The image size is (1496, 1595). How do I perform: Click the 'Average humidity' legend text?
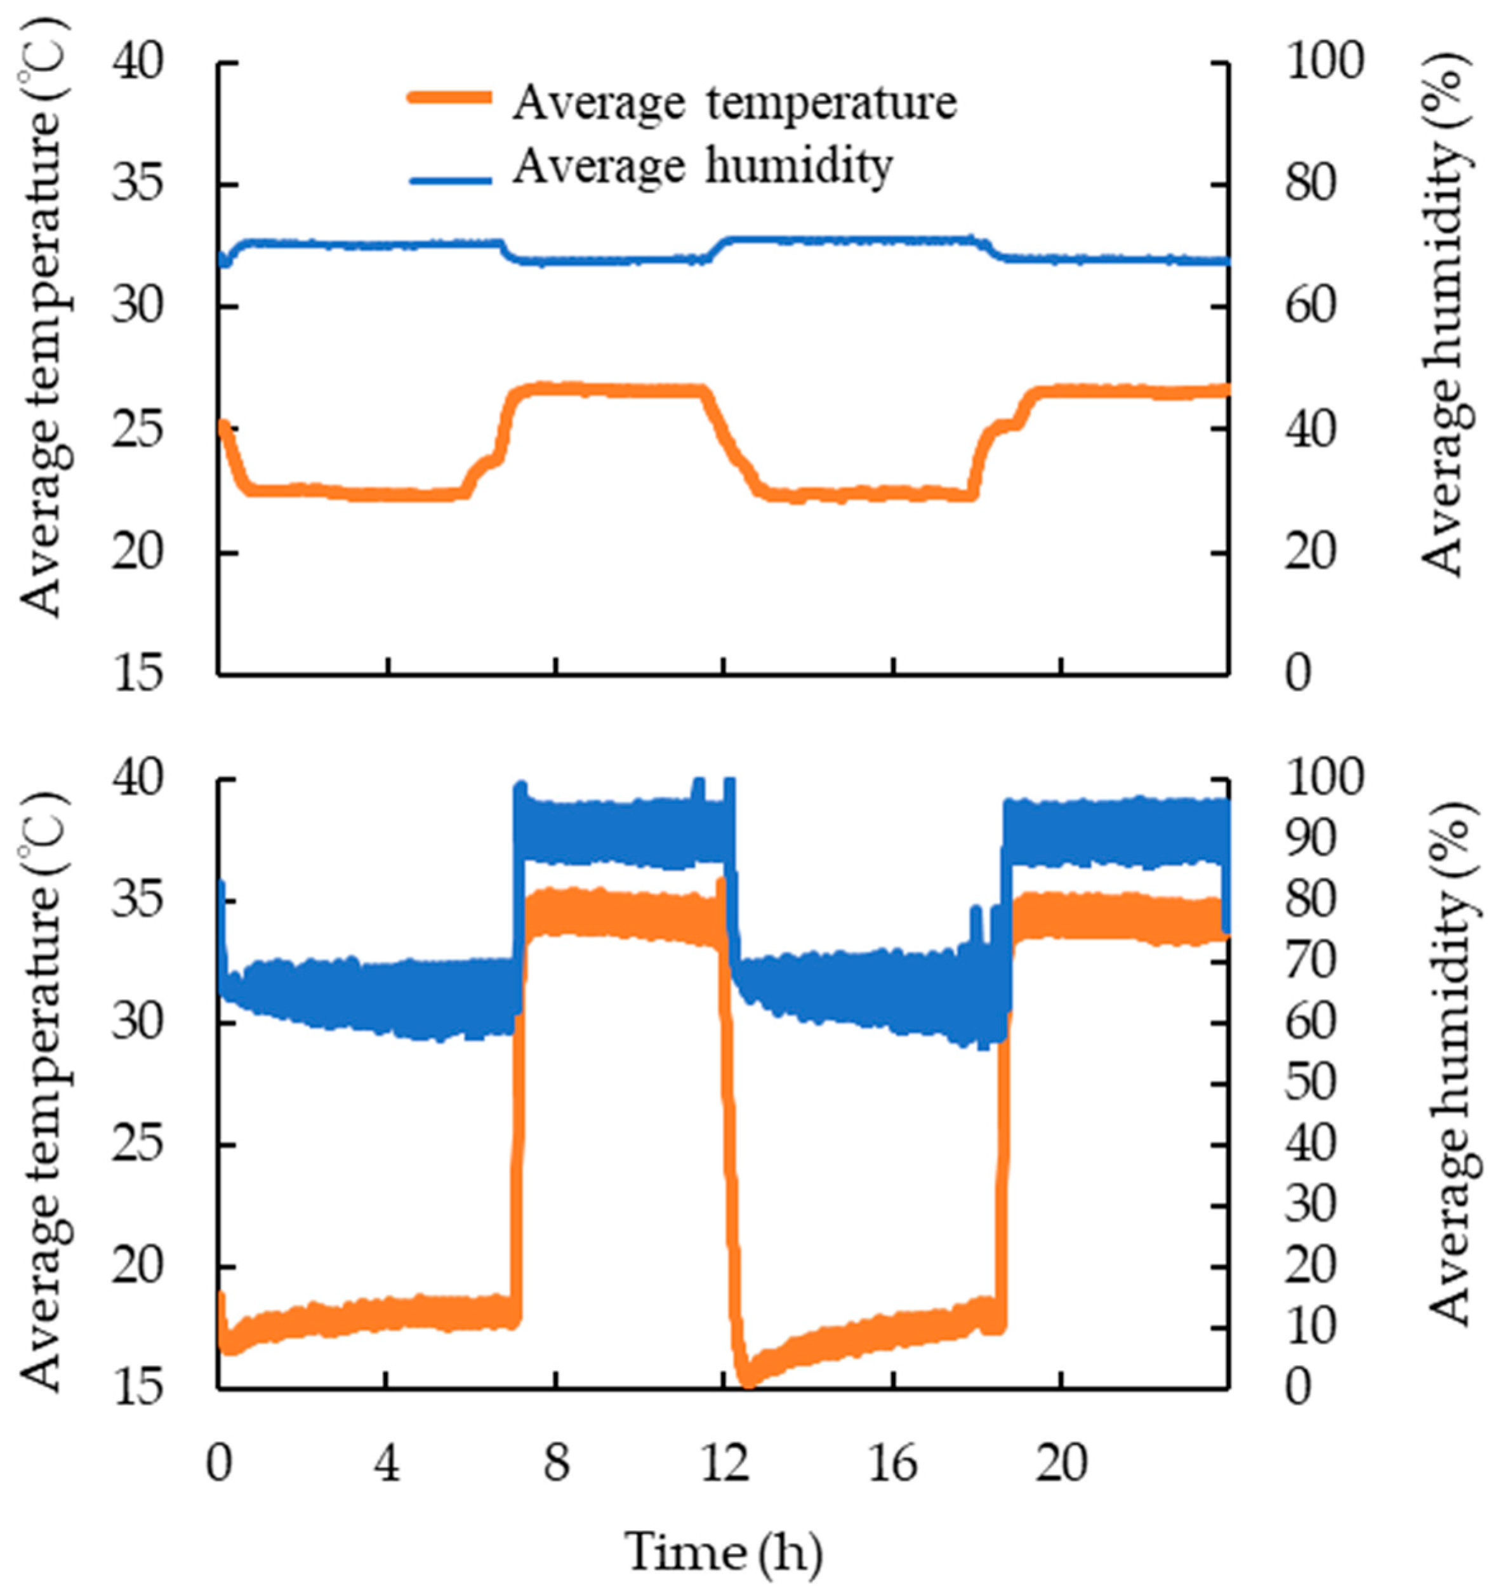pyautogui.click(x=703, y=167)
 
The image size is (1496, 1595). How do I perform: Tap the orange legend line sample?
pyautogui.click(x=449, y=97)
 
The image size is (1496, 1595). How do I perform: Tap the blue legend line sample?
pyautogui.click(x=449, y=180)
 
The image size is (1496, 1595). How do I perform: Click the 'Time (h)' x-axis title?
pyautogui.click(x=724, y=1552)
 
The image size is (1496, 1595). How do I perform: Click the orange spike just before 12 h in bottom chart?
pyautogui.click(x=721, y=889)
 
